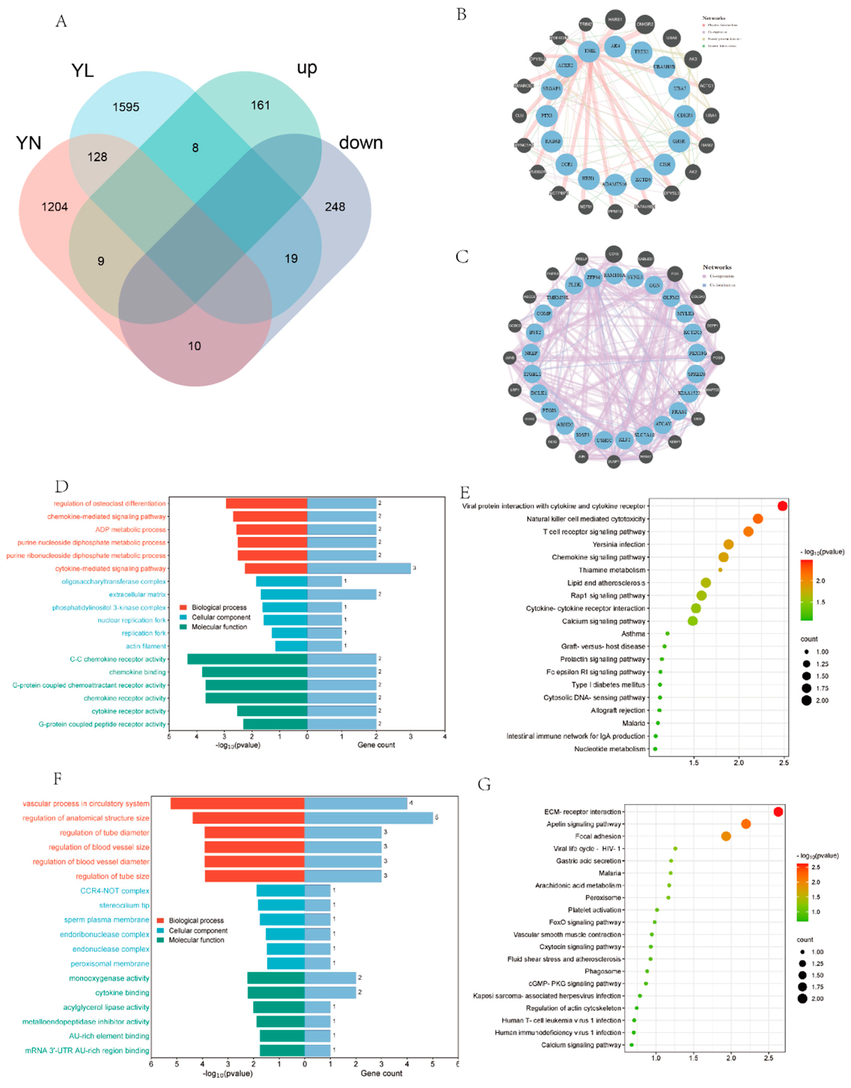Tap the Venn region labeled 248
[335, 207]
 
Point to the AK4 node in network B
[615, 46]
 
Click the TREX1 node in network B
[641, 52]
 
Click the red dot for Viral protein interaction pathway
[782, 506]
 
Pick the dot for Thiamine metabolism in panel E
[720, 570]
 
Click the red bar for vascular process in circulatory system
[237, 803]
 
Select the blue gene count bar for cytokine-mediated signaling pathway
[359, 568]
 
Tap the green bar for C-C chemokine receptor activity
[247, 659]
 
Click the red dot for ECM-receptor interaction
[778, 812]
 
